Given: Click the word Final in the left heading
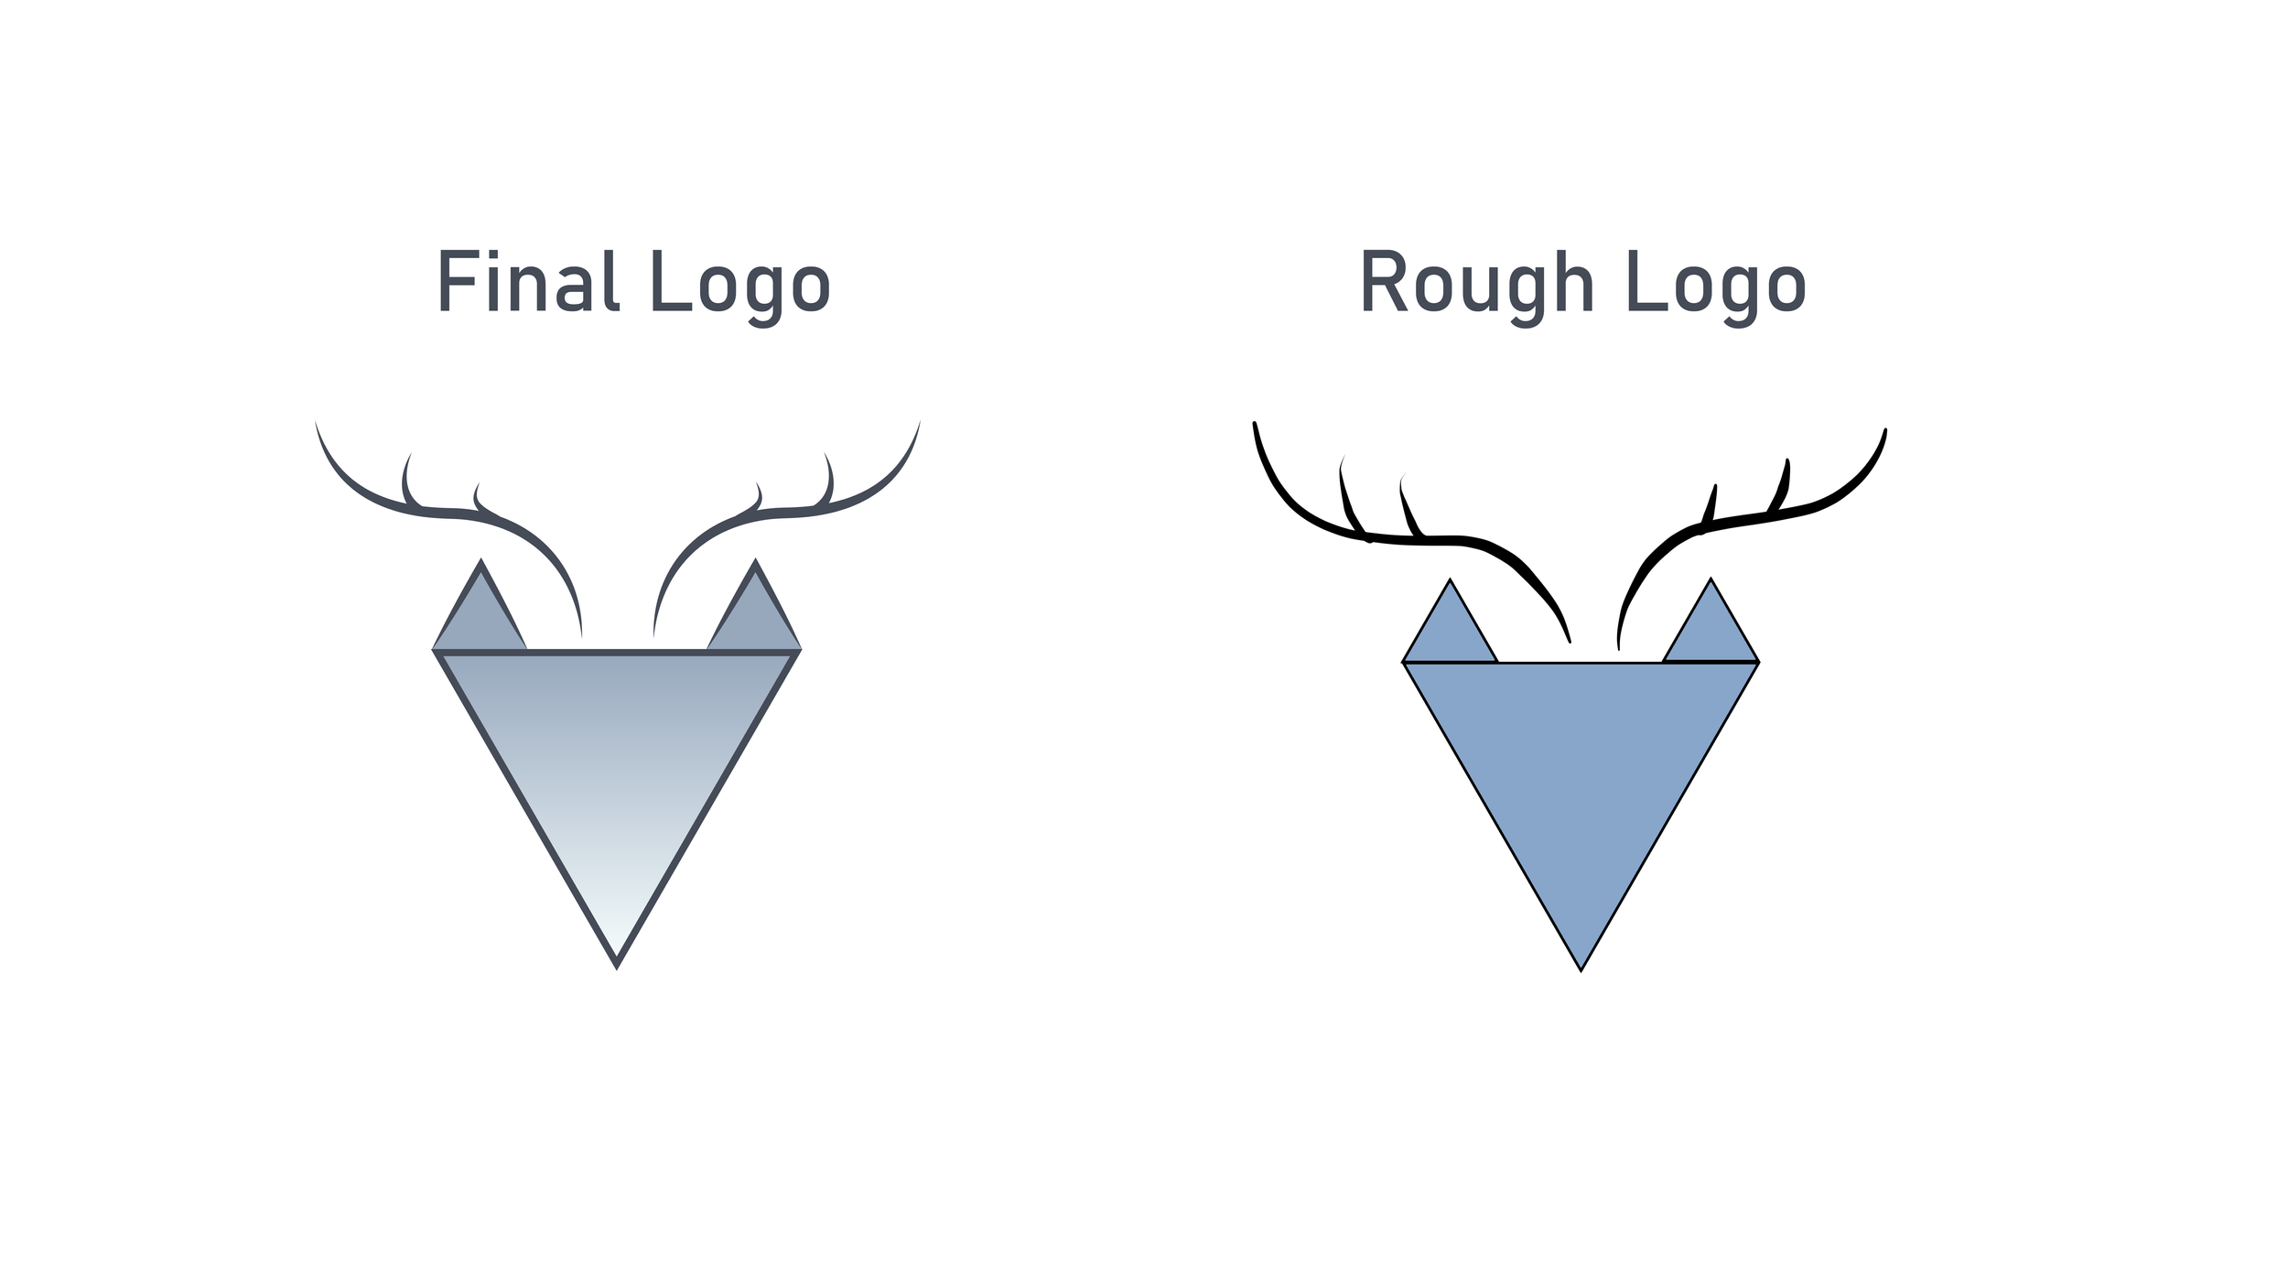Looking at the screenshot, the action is [x=529, y=281].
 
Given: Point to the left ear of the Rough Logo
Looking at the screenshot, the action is [x=1450, y=631].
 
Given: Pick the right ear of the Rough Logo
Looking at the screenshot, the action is [x=1711, y=631].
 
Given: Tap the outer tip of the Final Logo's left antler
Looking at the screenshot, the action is [x=316, y=423].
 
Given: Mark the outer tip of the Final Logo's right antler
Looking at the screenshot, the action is [x=919, y=423].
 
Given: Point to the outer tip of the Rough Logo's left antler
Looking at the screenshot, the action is [x=1255, y=425].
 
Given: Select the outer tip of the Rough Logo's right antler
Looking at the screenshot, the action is [x=1885, y=430].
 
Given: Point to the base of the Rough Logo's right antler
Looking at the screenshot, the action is [x=1618, y=646].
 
